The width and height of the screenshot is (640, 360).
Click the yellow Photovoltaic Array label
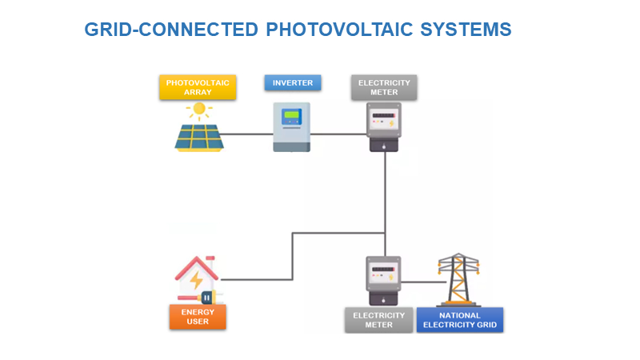pyautogui.click(x=198, y=87)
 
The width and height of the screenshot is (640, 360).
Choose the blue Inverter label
pyautogui.click(x=293, y=83)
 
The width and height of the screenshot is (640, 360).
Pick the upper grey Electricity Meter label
pyautogui.click(x=384, y=87)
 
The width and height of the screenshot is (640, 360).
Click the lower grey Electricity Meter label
pyautogui.click(x=378, y=320)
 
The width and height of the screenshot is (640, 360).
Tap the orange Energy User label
pyautogui.click(x=198, y=317)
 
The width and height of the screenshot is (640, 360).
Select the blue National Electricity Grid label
pyautogui.click(x=459, y=320)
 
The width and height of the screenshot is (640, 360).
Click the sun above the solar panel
pyautogui.click(x=199, y=110)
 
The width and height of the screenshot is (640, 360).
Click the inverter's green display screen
pyautogui.click(x=291, y=115)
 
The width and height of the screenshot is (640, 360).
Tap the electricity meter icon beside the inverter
pyautogui.click(x=384, y=126)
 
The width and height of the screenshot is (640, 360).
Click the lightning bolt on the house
pyautogui.click(x=195, y=281)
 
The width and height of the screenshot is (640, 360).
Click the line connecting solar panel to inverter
pyautogui.click(x=248, y=134)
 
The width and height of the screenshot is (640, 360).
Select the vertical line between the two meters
pyautogui.click(x=386, y=200)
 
